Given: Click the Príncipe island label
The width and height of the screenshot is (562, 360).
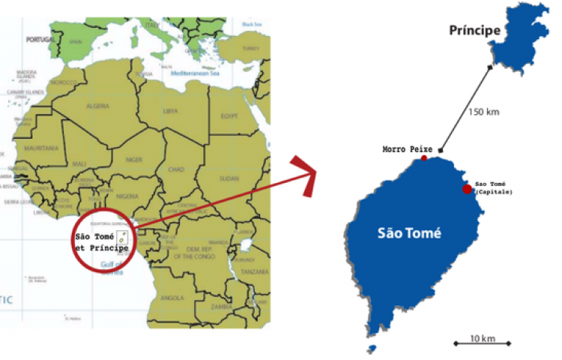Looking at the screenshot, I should [474, 31].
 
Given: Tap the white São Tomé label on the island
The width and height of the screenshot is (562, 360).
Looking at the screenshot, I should [409, 233].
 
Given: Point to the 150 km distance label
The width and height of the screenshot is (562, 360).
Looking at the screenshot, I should [483, 112].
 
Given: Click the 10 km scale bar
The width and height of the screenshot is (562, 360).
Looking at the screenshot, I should [482, 343].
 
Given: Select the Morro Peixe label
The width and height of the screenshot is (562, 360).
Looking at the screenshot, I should [402, 150].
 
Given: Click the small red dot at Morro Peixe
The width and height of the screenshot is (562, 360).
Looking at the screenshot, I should [424, 158].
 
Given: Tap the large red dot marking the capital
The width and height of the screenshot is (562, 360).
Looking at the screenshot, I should [468, 189].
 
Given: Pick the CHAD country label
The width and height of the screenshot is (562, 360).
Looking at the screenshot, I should [177, 169].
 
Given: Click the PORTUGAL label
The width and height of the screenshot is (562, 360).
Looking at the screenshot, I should [40, 38].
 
